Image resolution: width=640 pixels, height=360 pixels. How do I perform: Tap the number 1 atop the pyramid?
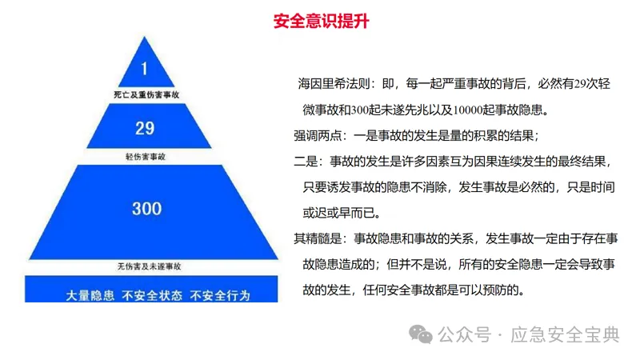tap(145, 67)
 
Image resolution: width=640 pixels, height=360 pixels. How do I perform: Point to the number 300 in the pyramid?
tap(146, 209)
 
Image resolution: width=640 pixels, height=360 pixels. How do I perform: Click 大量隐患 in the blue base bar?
tap(90, 295)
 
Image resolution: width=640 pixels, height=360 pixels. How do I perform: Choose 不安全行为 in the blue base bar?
tap(220, 295)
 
